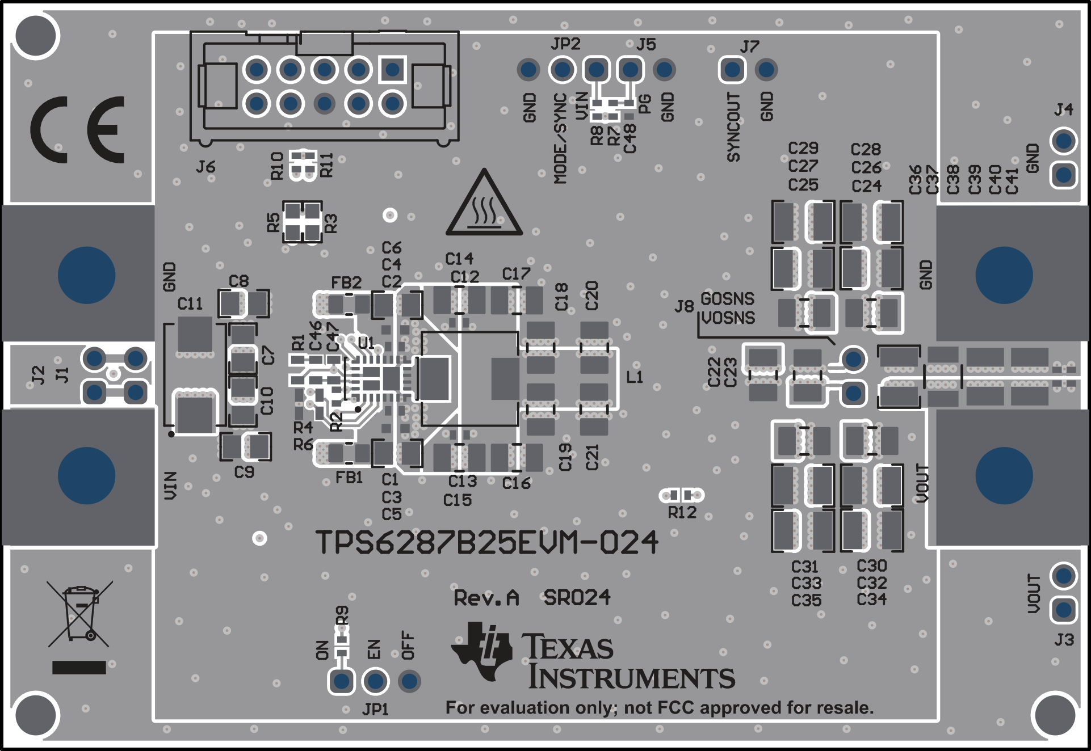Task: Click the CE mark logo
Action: (x=77, y=129)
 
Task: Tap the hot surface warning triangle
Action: (x=484, y=205)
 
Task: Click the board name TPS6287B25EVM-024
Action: (x=486, y=543)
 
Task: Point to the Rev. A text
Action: (x=486, y=598)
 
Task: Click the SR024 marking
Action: (x=577, y=597)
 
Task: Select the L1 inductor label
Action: (x=635, y=377)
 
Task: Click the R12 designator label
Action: (x=682, y=513)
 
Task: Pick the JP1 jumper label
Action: (x=375, y=710)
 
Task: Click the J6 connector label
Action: (x=205, y=167)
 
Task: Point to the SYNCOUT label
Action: (x=733, y=127)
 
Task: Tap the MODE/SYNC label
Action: (x=560, y=138)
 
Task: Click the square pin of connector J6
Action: (x=392, y=70)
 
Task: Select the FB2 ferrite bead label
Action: (x=346, y=282)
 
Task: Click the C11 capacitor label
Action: (x=190, y=304)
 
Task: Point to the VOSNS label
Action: (x=728, y=318)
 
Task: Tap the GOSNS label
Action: (x=727, y=298)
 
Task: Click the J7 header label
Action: (x=750, y=47)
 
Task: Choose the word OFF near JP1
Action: (x=408, y=645)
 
